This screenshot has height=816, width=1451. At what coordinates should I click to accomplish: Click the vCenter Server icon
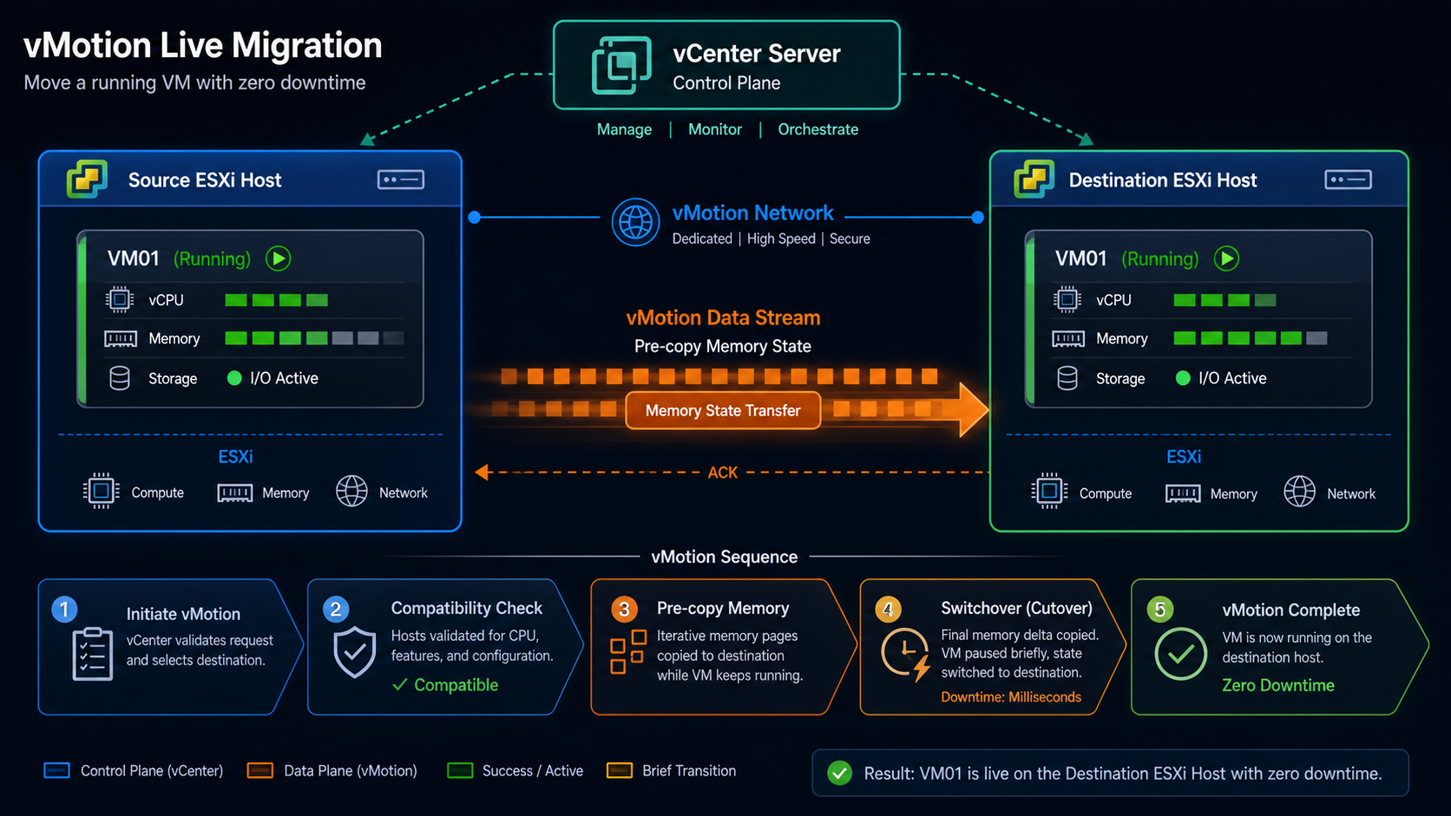click(x=620, y=65)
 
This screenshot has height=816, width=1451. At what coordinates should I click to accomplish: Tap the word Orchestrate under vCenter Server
click(x=817, y=129)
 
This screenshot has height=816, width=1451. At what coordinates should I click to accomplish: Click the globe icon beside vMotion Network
click(x=635, y=222)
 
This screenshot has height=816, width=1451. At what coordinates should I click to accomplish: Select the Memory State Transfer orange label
click(x=723, y=410)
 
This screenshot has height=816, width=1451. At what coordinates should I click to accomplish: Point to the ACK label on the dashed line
click(x=722, y=473)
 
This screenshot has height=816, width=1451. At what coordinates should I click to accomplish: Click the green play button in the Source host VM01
click(x=279, y=258)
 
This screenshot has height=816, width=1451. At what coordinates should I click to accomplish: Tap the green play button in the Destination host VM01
click(x=1226, y=258)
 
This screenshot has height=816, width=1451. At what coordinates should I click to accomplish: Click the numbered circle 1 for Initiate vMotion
click(x=64, y=609)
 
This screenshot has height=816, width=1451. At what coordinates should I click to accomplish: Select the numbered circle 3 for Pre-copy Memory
click(x=624, y=609)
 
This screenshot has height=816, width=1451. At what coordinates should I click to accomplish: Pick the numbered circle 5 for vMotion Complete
click(x=1159, y=610)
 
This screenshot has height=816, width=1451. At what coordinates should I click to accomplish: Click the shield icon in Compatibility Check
click(x=354, y=652)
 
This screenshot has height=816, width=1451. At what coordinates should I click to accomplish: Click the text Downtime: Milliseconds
click(x=1010, y=697)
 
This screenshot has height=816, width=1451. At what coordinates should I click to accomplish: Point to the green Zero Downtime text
click(x=1278, y=685)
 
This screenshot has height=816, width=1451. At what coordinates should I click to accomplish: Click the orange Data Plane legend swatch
click(x=259, y=771)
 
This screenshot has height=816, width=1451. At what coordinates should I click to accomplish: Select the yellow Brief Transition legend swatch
click(x=620, y=771)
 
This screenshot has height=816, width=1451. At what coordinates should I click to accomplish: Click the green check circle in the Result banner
click(x=839, y=773)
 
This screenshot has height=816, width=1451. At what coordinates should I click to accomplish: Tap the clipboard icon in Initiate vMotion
click(x=92, y=654)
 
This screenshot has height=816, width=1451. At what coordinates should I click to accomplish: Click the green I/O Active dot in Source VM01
click(x=234, y=378)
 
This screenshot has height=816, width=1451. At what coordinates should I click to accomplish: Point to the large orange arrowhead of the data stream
click(x=973, y=409)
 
